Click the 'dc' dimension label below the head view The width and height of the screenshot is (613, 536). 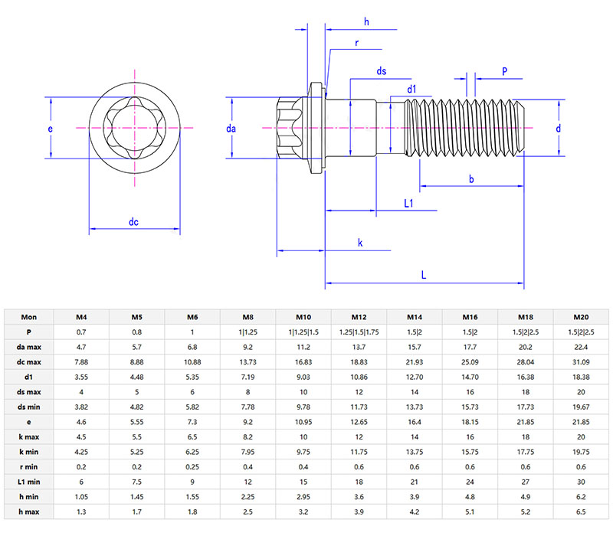pos(133,222)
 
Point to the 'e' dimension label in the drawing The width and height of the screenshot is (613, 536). pos(51,129)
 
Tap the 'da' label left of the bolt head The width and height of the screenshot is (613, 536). pos(231,129)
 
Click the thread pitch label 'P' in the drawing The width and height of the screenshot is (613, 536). pos(504,71)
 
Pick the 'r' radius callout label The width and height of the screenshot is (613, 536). pos(357,44)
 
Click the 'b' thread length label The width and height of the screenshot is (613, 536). pos(470,178)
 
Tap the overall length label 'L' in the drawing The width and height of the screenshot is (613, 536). pos(424,274)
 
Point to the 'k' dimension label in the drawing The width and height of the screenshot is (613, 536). pos(360,243)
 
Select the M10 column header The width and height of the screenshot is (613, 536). pos(303,317)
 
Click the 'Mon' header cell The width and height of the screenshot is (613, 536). pos(29,317)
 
